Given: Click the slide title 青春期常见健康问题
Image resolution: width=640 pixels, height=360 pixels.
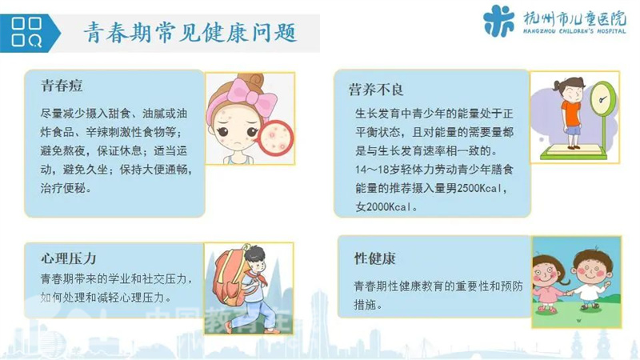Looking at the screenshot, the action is pos(190,32).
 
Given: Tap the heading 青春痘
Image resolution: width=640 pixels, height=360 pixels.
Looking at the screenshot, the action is pos(62,86).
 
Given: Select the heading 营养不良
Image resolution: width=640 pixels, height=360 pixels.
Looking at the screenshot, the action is pos(376,90).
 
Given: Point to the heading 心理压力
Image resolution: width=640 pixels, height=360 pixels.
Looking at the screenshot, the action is pos(69,258).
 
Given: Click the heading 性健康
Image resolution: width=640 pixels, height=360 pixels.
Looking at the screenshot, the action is pos(374,258).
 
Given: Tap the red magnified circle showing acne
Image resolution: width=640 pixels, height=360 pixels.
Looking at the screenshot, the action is pos(276,138).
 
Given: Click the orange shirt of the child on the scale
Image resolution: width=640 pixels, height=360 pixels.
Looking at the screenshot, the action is pos(570,113).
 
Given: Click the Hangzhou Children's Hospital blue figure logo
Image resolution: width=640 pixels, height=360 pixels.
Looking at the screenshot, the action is pos(498,21).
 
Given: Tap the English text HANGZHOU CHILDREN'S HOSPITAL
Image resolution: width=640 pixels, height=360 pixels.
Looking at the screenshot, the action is pos(574,31).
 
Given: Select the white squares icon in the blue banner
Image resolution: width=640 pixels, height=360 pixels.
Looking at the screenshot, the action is pos(26,32).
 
